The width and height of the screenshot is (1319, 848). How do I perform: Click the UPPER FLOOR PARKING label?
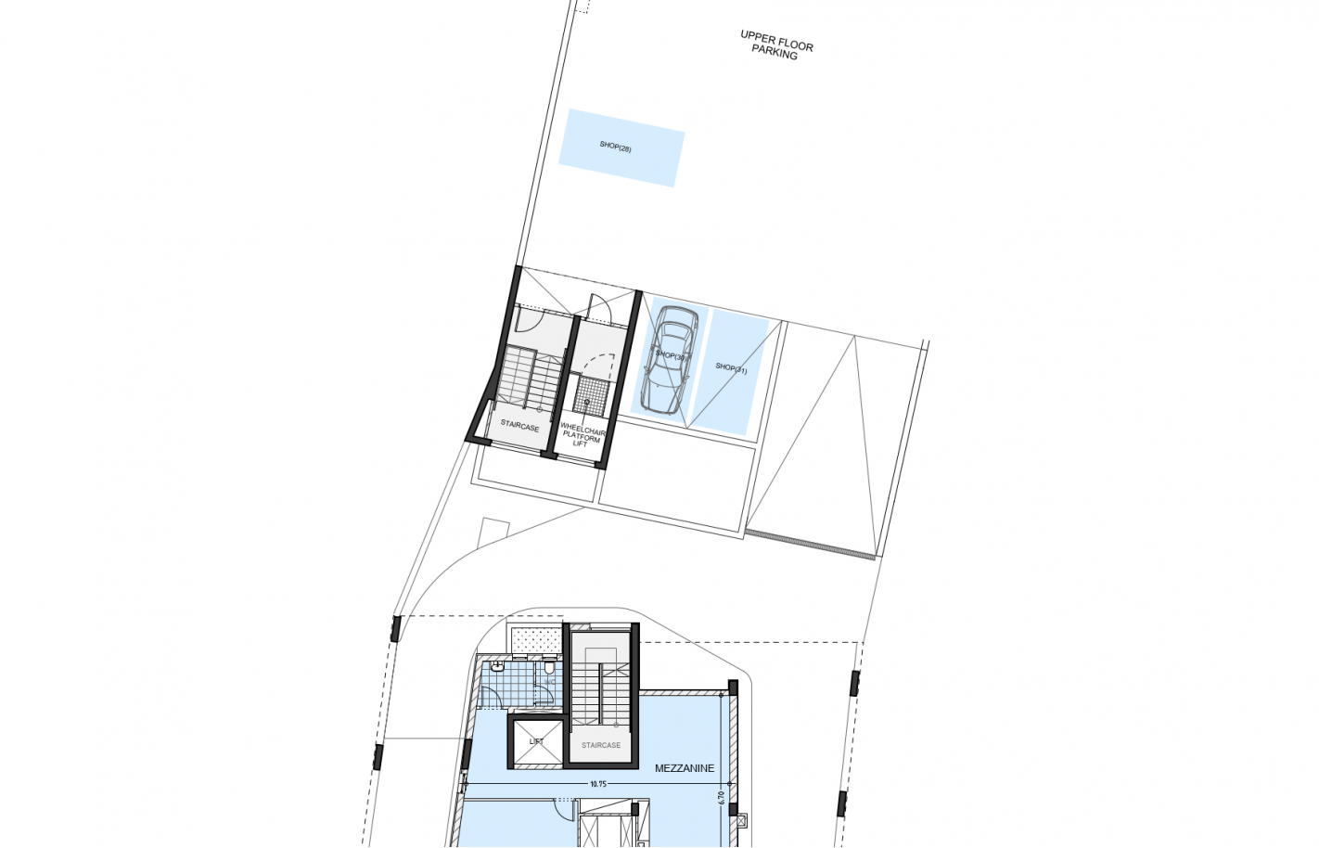coord(775,45)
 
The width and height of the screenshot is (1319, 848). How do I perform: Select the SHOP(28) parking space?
coord(621,148)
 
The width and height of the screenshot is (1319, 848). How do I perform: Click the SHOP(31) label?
coord(731,368)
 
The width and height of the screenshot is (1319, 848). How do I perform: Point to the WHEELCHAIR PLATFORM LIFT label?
coord(582,435)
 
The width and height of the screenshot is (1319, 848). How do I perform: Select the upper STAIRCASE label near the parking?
coord(519,426)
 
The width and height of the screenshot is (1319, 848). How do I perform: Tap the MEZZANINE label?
coord(685,768)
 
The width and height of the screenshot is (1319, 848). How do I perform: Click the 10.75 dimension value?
coord(598,784)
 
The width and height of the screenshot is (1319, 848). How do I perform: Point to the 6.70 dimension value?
coord(722,796)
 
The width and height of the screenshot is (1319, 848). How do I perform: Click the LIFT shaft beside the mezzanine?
coord(536,742)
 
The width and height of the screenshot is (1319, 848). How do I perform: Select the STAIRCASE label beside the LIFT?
coord(601,745)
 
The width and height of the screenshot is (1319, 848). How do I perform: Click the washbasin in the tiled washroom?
coord(497,665)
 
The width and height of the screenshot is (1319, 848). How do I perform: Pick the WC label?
coord(549,683)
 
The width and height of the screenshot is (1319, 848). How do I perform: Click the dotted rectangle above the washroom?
coord(535,639)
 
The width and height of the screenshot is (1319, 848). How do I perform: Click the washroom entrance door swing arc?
coord(490,697)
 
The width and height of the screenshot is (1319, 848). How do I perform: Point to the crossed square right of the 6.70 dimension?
coord(740,821)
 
